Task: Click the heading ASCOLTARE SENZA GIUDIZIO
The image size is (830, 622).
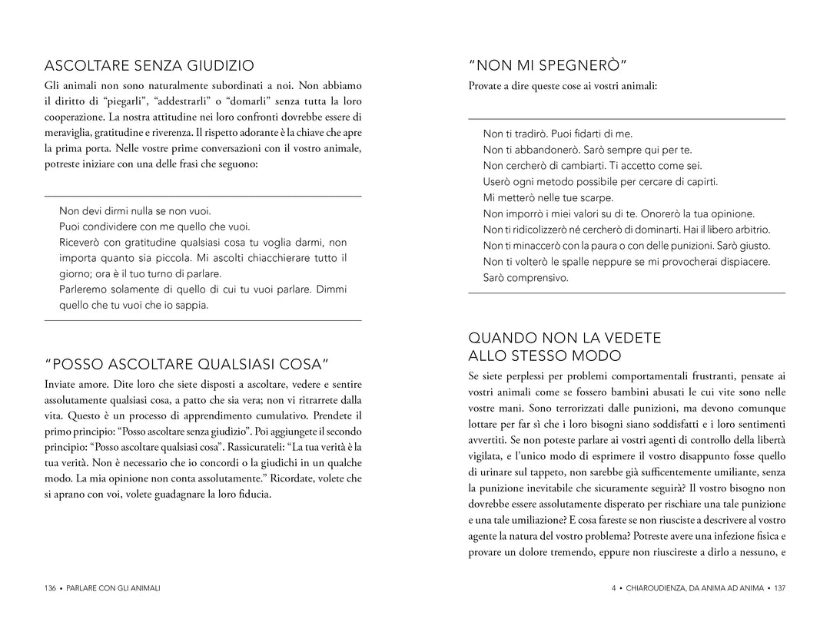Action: point(149,65)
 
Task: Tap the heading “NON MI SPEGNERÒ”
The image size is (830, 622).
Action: point(548,65)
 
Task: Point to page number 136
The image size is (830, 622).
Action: point(51,588)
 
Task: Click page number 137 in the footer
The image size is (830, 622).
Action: point(780,588)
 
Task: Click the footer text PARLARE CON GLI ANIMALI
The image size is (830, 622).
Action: point(115,588)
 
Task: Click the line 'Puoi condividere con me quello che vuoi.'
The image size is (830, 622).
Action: point(154,227)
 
